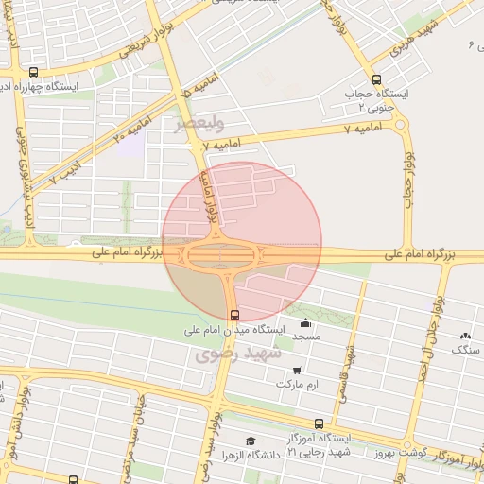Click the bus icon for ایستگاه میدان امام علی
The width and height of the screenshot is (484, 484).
[234, 315]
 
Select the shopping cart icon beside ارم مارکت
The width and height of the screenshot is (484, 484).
[298, 370]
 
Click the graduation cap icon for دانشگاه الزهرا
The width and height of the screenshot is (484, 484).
[251, 441]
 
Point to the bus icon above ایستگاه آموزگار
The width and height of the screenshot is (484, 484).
[318, 425]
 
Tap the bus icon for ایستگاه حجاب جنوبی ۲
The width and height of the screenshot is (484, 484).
[377, 80]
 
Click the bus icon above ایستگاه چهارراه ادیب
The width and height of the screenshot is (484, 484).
[34, 72]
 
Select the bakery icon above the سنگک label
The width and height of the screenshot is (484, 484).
[464, 336]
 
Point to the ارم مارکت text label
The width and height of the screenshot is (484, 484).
[300, 385]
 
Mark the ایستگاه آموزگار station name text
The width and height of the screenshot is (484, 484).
[330, 440]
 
